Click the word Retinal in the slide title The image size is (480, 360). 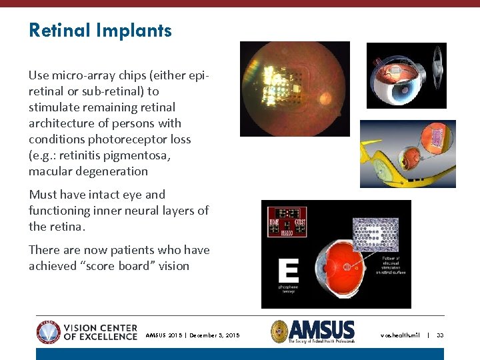coord(60,30)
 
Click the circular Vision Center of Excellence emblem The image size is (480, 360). coord(48,331)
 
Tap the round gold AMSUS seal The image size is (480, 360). coord(279,331)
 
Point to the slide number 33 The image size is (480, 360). coord(440,335)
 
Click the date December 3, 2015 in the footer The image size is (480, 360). coord(215,335)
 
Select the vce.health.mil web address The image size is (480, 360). coord(400,335)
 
